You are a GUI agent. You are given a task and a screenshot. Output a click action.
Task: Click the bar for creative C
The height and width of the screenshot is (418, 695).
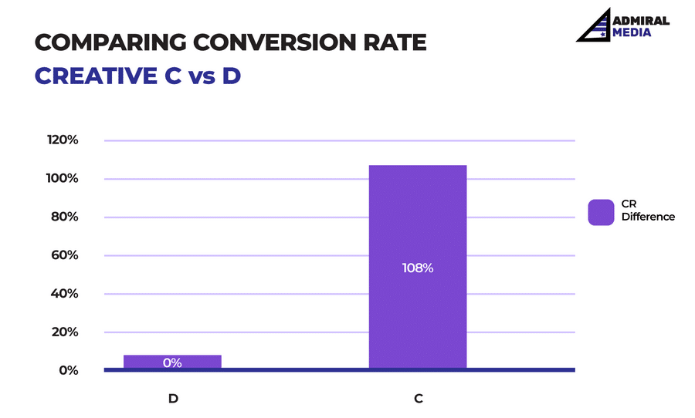coord(418,231)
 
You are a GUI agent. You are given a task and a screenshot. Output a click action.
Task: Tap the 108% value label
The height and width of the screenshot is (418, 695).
coord(418,268)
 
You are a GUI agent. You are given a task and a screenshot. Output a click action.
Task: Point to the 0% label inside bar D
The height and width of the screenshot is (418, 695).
coord(172,362)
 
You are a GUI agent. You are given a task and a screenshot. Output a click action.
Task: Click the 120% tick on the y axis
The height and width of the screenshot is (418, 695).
coord(63,140)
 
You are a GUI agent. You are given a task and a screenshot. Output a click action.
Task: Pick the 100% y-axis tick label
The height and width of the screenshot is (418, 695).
coord(63,178)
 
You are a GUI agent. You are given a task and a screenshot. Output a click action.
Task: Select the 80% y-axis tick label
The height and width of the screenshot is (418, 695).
coord(64,217)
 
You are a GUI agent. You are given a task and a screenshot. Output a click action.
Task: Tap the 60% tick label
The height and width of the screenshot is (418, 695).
coord(64,255)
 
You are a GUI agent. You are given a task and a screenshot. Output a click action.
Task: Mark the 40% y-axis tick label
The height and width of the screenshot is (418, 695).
coord(64,293)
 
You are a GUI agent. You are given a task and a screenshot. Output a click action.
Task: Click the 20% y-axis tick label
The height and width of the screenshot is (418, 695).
coord(64,332)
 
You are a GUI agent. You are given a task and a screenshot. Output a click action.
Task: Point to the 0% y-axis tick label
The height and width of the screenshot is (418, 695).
coord(67,370)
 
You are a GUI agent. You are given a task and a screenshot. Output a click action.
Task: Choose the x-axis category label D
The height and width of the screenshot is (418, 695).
coord(172,399)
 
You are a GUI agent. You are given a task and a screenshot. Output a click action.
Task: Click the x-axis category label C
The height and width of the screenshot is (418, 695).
coord(418,399)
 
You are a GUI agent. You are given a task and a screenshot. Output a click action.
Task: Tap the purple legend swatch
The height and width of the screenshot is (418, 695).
coord(600,211)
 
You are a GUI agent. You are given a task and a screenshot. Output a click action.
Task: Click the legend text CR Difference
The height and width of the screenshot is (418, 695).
coord(648,211)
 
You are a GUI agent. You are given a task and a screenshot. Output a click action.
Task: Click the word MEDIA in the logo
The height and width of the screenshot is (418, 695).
coord(631,32)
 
